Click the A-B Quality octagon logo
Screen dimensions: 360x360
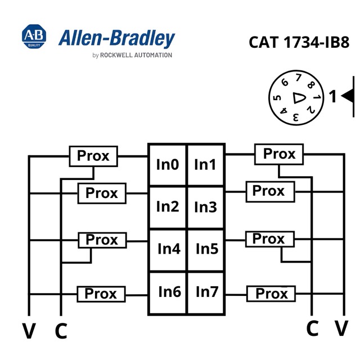[34, 36]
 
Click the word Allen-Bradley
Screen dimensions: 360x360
[116, 38]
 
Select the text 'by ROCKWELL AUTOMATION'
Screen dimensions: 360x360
[132, 55]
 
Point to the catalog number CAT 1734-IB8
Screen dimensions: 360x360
[299, 42]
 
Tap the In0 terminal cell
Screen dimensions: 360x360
[168, 165]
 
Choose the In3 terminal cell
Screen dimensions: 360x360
[206, 207]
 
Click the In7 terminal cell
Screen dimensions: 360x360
[206, 293]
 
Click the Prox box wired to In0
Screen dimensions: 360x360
[93, 156]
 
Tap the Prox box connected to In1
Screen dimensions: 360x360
[279, 154]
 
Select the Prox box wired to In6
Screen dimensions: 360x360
[101, 294]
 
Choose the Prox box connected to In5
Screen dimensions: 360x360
[270, 239]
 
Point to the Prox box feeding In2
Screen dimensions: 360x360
[102, 193]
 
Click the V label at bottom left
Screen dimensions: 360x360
[29, 331]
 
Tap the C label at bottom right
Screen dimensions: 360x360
[313, 328]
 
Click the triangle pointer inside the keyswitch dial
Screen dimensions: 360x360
[299, 98]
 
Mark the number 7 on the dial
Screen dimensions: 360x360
[298, 78]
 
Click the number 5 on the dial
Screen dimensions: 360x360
[277, 98]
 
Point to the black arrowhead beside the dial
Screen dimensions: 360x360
[347, 96]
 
